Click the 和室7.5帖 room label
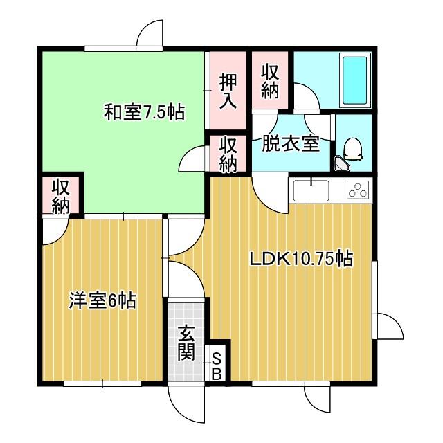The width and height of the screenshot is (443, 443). [144, 112]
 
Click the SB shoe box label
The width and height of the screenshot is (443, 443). [216, 366]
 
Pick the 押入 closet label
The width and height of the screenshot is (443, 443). [228, 91]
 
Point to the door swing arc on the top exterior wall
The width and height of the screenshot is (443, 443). [150, 35]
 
